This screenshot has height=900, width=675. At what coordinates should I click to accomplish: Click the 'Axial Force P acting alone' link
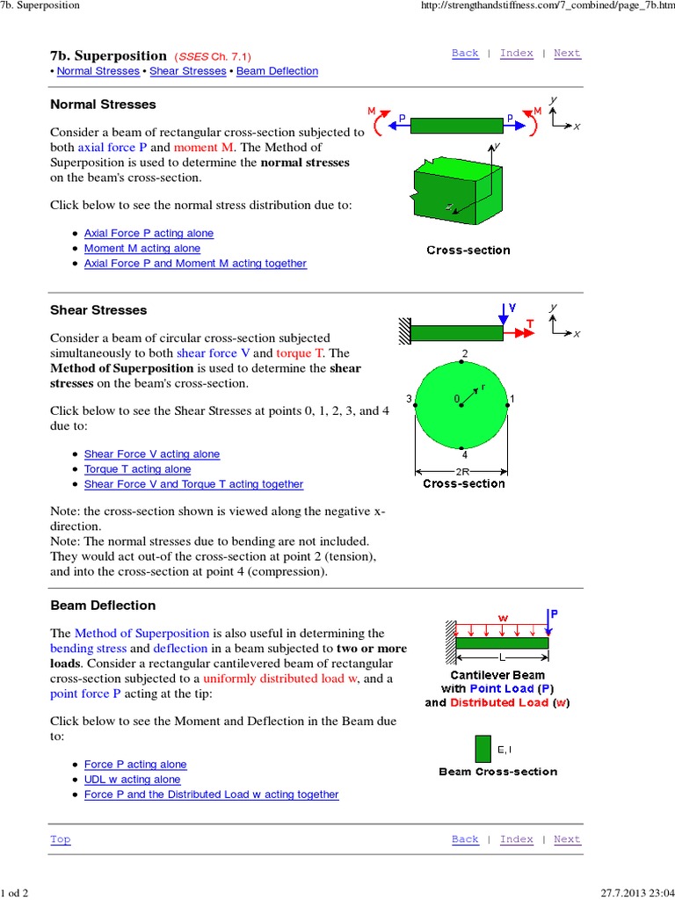tap(149, 234)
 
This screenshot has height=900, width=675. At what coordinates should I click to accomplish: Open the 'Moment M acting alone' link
tap(142, 249)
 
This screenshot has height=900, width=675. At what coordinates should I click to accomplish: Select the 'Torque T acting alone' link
tap(137, 469)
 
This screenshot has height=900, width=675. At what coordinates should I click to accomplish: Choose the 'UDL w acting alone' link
tap(132, 780)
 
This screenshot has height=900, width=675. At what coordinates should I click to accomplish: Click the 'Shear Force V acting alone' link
tap(152, 454)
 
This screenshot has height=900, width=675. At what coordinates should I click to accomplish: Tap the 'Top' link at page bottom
tap(60, 839)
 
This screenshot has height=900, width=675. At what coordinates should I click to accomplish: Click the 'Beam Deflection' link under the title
tap(280, 71)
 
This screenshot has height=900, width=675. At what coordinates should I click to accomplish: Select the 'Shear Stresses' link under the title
tap(188, 71)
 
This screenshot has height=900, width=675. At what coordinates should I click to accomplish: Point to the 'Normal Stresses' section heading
tap(103, 105)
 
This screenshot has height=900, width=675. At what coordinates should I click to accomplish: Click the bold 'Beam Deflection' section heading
tap(103, 606)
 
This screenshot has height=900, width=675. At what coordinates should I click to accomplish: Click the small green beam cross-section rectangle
tap(483, 749)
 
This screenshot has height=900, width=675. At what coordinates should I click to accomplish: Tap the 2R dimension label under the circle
tap(463, 471)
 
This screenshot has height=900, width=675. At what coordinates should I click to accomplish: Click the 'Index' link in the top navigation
tap(516, 54)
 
